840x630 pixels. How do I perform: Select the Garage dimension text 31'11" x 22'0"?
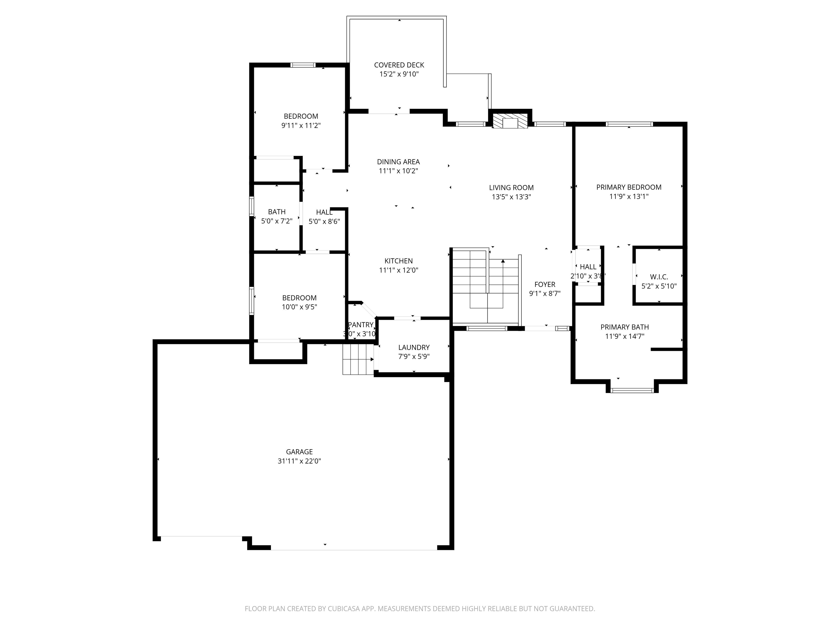click(x=299, y=461)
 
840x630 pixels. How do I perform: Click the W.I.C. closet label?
click(x=659, y=277)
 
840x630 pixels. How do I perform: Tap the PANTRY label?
click(x=361, y=325)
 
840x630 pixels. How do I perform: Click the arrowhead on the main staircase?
click(x=503, y=261)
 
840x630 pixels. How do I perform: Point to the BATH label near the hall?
click(x=276, y=212)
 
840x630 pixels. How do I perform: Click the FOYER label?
click(x=545, y=284)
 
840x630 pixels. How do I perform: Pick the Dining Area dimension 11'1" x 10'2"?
click(x=398, y=171)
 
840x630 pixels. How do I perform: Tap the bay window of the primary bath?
click(x=632, y=390)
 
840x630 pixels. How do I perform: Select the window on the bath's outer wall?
click(x=251, y=206)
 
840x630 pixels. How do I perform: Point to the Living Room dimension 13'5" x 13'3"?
click(x=511, y=197)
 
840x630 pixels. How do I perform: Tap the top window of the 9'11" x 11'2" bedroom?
click(x=303, y=65)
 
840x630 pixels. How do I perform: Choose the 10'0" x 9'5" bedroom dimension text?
click(x=299, y=307)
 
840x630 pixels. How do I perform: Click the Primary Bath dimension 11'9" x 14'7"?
click(x=624, y=336)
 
